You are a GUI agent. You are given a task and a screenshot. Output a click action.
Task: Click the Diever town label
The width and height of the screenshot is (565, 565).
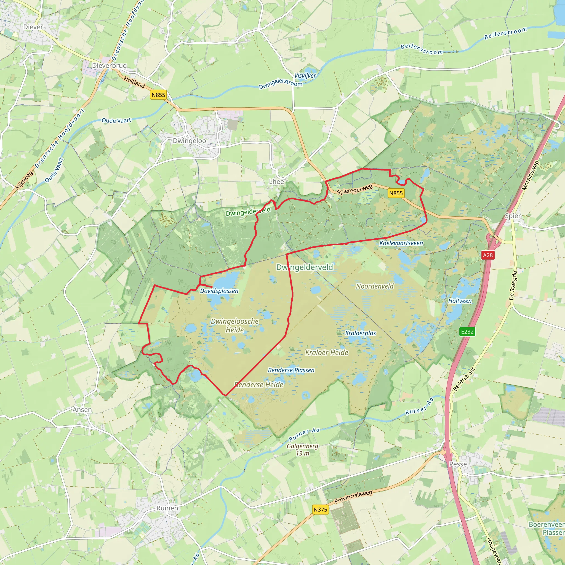click(x=33, y=27)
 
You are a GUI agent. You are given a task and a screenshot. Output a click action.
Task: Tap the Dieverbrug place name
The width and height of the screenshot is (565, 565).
click(x=109, y=65)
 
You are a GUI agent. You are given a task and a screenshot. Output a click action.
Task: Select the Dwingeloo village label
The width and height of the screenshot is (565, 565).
click(x=189, y=141)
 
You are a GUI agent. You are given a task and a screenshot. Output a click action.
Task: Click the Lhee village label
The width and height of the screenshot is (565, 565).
click(x=276, y=182)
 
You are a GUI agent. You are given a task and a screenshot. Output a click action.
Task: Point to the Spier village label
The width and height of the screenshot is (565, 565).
click(x=513, y=216)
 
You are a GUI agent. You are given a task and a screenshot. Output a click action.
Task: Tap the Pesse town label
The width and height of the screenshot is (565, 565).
click(x=458, y=464)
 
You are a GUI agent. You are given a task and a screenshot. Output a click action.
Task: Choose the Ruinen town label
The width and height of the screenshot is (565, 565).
click(x=167, y=508)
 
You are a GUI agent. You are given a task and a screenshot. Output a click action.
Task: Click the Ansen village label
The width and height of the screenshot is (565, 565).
click(x=82, y=410)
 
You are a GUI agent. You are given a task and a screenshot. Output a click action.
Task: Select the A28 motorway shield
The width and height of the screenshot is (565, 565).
click(x=487, y=255)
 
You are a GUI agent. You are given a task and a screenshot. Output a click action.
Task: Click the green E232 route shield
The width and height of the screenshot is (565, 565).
click(x=467, y=331)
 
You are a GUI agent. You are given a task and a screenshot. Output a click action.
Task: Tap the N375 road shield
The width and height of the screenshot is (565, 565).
click(x=320, y=509)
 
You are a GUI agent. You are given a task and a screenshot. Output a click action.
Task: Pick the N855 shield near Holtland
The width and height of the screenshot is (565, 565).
click(x=158, y=95)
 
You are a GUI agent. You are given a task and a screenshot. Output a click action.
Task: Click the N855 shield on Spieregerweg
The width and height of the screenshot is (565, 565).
click(x=396, y=193)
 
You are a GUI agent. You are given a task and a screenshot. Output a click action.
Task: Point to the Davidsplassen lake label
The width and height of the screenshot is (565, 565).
click(x=219, y=291)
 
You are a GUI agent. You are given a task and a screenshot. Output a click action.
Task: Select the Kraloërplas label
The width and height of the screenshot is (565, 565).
click(x=360, y=333)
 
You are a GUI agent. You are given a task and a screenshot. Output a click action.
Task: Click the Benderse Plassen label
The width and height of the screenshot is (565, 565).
click(x=291, y=370)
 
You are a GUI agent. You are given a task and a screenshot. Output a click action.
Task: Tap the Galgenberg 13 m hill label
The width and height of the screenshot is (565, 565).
click(x=302, y=450)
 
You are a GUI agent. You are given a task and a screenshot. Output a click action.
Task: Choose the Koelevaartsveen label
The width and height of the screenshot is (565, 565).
click(x=401, y=243)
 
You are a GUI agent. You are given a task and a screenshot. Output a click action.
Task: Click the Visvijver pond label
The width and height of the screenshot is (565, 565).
click(x=305, y=76)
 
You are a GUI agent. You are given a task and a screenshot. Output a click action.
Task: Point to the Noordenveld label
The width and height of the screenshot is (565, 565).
click(x=375, y=286)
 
